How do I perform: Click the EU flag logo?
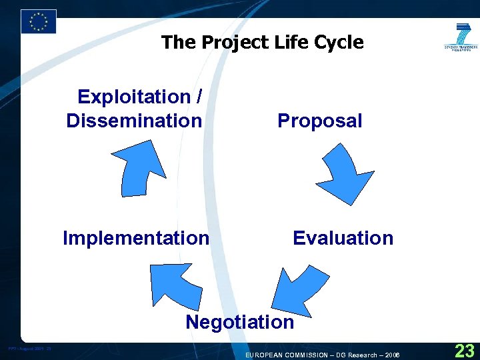click(39, 21)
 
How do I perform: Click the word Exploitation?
click(134, 97)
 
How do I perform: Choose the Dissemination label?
click(134, 121)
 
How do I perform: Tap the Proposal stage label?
click(320, 121)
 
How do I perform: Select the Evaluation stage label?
click(343, 238)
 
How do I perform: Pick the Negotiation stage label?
click(239, 323)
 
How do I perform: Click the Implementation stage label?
click(136, 238)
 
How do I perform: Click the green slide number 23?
click(464, 350)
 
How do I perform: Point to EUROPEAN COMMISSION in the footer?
click(286, 355)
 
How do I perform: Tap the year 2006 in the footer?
click(392, 355)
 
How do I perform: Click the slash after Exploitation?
click(199, 97)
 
